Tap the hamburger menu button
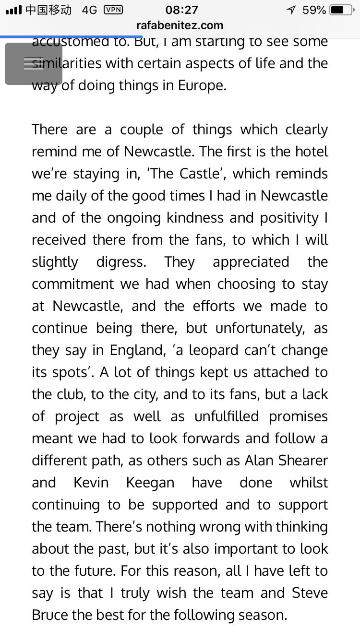point(34,64)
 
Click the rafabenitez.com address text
point(180,25)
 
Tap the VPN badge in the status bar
point(113,10)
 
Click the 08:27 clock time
point(181,10)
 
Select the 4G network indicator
point(89,10)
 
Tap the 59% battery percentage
point(314,10)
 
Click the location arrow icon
point(290,10)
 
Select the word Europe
point(200,85)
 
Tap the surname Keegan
point(150,483)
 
